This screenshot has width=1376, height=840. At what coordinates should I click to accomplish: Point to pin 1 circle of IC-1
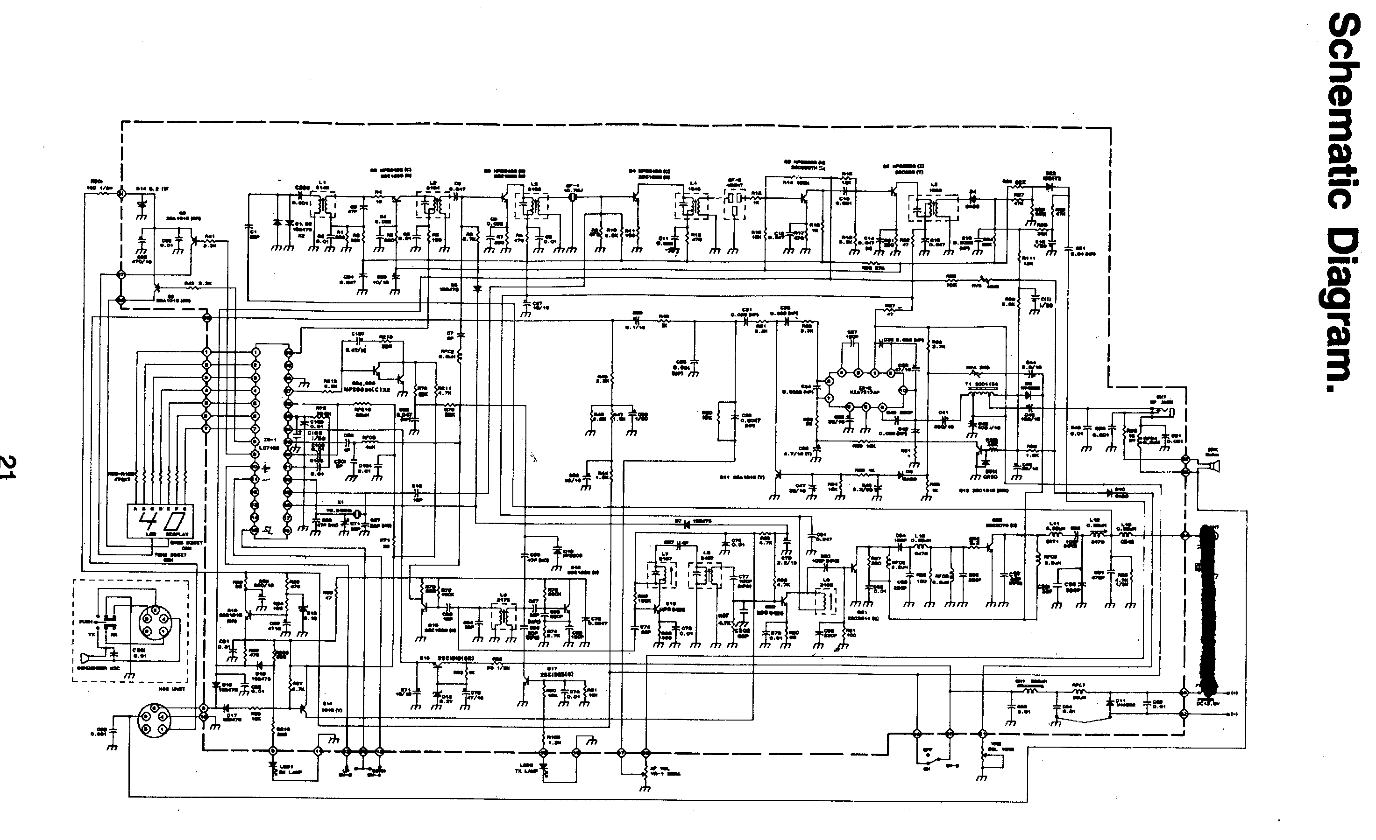[256, 352]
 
